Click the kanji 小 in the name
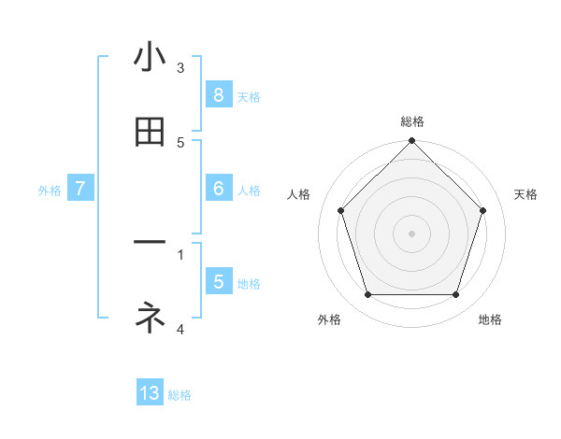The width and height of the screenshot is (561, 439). coord(150,58)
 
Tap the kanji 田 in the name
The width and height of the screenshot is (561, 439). coord(150,133)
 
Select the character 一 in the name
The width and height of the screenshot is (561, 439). coord(150,243)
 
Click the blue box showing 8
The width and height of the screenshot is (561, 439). coord(218,95)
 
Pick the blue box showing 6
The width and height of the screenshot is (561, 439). coord(218,189)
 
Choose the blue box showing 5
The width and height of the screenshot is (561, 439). coord(218,282)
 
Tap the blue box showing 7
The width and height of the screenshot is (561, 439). coord(80,189)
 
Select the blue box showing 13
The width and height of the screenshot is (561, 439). coord(150,393)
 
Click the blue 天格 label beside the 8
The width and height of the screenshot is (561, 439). coord(249,97)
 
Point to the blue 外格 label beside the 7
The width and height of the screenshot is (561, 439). coord(50,191)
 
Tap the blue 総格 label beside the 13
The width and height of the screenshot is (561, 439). coord(180,395)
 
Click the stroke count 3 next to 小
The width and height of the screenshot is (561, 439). coord(180,67)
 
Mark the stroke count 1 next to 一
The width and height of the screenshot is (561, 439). coord(180,252)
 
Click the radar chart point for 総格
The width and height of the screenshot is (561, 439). coord(411,142)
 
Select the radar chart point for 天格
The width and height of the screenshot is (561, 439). coord(482,210)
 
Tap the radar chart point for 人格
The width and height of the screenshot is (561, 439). coord(340,210)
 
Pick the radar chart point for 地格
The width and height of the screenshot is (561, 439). coord(455,295)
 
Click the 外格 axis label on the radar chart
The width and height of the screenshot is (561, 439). coord(329,319)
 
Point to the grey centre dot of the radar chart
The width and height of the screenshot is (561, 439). coord(411,233)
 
